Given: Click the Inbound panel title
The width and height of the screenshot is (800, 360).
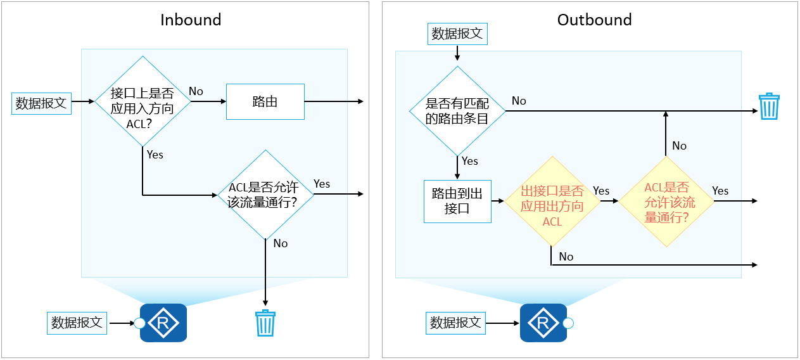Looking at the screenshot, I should [191, 20].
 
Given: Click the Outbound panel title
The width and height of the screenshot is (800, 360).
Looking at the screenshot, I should [594, 20].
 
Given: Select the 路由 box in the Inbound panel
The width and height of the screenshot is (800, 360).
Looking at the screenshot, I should [265, 101].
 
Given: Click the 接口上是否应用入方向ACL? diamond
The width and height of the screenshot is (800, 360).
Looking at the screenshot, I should [143, 101].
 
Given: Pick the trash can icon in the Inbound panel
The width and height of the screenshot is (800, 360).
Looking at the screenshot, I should [265, 323].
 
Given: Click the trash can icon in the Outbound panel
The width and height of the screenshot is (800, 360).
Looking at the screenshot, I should [769, 106].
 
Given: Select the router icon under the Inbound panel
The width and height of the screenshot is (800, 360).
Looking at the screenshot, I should [163, 323].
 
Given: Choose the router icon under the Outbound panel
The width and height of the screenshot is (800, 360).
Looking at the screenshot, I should [543, 323].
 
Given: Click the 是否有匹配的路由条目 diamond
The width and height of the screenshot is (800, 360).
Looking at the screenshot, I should [457, 111].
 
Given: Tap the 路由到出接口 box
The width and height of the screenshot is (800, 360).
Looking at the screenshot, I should [457, 201].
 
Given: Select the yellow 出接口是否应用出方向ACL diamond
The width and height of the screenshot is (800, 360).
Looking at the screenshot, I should [552, 201].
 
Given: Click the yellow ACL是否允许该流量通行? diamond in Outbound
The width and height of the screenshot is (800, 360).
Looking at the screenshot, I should [666, 201].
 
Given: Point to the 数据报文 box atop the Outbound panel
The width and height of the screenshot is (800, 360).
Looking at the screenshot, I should [457, 34].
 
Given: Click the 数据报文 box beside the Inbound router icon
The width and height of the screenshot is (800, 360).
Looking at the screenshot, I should [77, 323].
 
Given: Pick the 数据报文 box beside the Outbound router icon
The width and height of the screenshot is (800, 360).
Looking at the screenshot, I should [455, 323].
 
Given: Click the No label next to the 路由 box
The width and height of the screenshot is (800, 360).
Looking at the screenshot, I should [196, 91].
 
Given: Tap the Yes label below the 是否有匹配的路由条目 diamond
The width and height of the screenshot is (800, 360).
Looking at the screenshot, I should [470, 161].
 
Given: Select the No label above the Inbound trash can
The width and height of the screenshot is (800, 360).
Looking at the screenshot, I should [281, 243].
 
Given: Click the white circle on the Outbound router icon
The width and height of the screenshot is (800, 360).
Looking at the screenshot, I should [568, 323].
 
